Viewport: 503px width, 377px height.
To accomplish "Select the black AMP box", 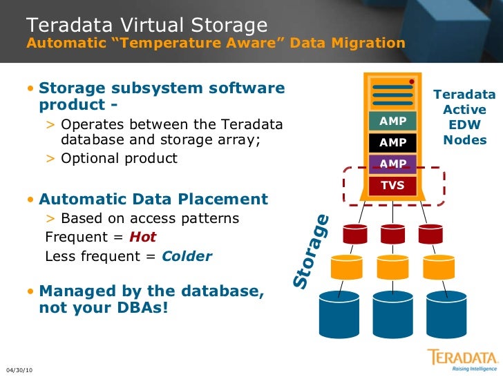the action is (x=393, y=143).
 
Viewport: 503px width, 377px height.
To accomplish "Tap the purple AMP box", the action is (x=393, y=164).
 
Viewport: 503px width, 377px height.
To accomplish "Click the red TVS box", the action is (x=393, y=185).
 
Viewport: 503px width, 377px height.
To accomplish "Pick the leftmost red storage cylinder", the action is (x=351, y=235).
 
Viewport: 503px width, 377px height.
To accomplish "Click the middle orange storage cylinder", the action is (x=393, y=267).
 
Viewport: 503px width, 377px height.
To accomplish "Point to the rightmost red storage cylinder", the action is (x=435, y=235).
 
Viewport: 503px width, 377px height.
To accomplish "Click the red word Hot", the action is (x=143, y=237).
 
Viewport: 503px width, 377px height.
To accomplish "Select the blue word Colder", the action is (x=187, y=256).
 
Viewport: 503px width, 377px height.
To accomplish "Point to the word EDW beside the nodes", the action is (x=464, y=125).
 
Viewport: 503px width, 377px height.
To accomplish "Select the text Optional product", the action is (x=119, y=158).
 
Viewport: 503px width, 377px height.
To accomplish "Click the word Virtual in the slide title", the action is (x=149, y=26).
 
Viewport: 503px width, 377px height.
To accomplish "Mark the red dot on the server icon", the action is (x=412, y=82).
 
